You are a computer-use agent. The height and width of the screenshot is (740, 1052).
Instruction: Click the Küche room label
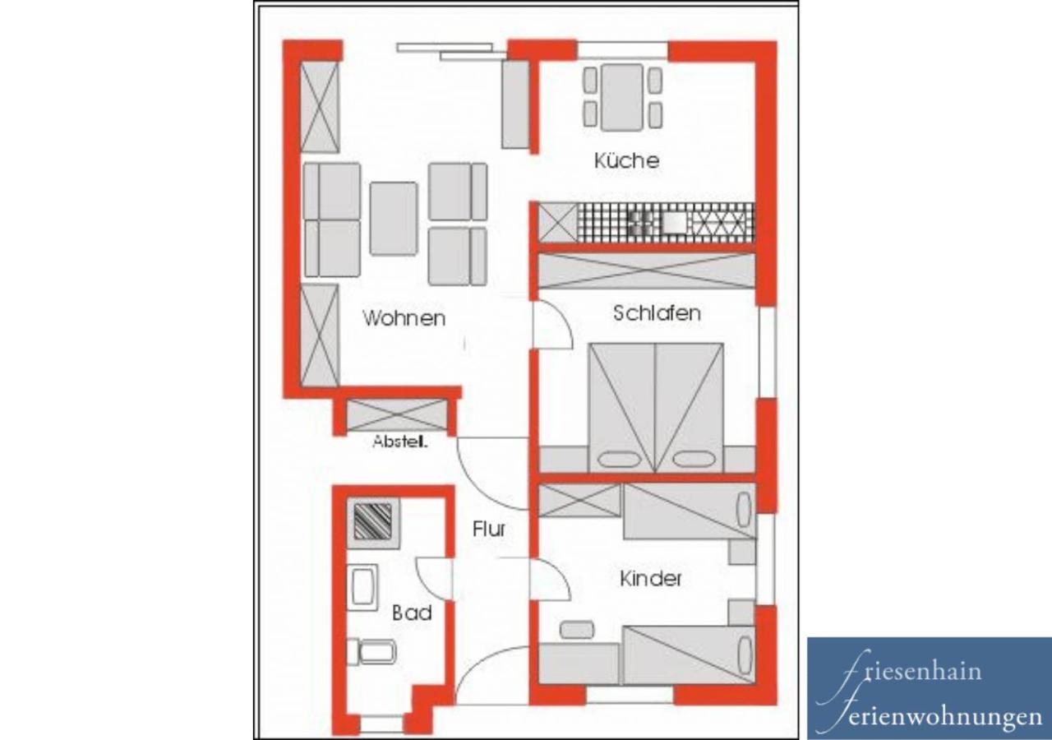point(626,160)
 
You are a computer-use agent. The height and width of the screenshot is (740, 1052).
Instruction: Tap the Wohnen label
point(404,318)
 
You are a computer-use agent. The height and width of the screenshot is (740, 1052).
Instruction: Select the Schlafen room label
point(657,313)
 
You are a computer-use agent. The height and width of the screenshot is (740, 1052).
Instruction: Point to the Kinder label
point(650,578)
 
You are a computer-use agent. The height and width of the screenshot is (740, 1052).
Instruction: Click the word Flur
point(488,529)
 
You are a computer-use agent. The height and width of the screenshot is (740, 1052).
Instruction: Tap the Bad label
point(412,613)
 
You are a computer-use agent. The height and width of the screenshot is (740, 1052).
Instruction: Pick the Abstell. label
point(400,442)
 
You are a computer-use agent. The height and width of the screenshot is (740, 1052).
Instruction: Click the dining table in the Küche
point(622,97)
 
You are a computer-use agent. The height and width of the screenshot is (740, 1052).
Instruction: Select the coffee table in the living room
point(393,219)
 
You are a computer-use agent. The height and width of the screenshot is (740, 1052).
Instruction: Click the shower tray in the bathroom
point(373,522)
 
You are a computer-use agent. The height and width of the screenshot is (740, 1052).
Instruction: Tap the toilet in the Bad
point(371,652)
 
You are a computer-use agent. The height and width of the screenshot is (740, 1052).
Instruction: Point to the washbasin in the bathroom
point(362,587)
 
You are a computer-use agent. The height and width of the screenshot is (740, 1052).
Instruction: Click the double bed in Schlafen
point(655,408)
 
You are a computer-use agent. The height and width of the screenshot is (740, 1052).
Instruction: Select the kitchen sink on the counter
point(674,223)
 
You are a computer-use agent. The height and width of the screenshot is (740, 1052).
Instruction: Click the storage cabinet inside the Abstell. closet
point(397,415)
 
